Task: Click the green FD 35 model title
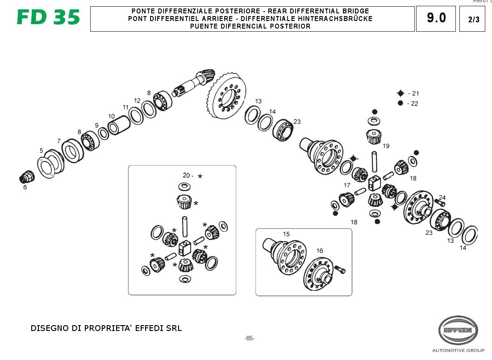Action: pyautogui.click(x=48, y=17)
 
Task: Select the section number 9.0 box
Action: pyautogui.click(x=436, y=18)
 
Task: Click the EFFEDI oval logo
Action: pyautogui.click(x=458, y=330)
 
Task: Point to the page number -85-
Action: pyautogui.click(x=250, y=338)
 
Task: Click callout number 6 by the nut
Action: pyautogui.click(x=25, y=188)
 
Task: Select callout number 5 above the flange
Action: pyautogui.click(x=41, y=151)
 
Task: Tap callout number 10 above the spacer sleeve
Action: pyautogui.click(x=111, y=116)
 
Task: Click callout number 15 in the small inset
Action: pyautogui.click(x=286, y=234)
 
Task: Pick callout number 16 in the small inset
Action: pyautogui.click(x=320, y=251)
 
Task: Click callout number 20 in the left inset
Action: pyautogui.click(x=186, y=176)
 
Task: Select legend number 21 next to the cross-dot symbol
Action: pyautogui.click(x=415, y=93)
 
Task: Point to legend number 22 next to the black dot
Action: pyautogui.click(x=415, y=104)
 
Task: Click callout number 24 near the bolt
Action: pyautogui.click(x=442, y=197)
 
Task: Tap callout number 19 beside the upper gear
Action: pyautogui.click(x=386, y=146)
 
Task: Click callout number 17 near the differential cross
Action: pyautogui.click(x=347, y=185)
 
